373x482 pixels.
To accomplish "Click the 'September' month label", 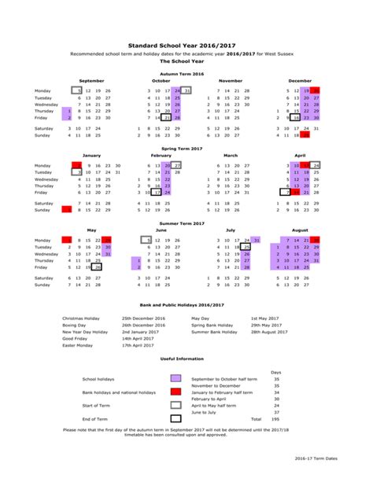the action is [91, 80].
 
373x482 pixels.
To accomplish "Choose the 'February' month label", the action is [161, 156].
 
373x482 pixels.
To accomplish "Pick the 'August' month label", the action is [299, 231].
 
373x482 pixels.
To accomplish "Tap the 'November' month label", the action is [230, 80].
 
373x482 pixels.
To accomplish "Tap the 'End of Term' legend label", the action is [94, 418].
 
